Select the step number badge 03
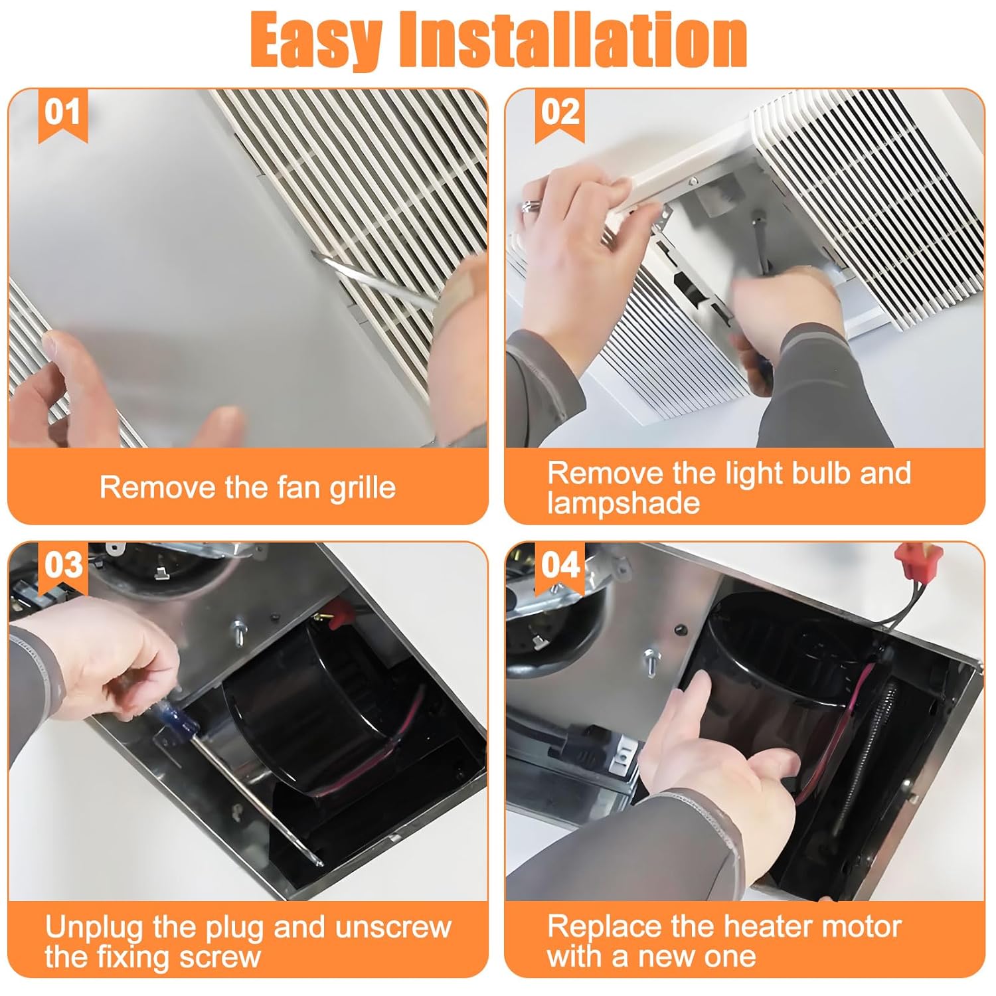(62, 566)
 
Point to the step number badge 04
(560, 566)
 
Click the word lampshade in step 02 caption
(623, 503)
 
